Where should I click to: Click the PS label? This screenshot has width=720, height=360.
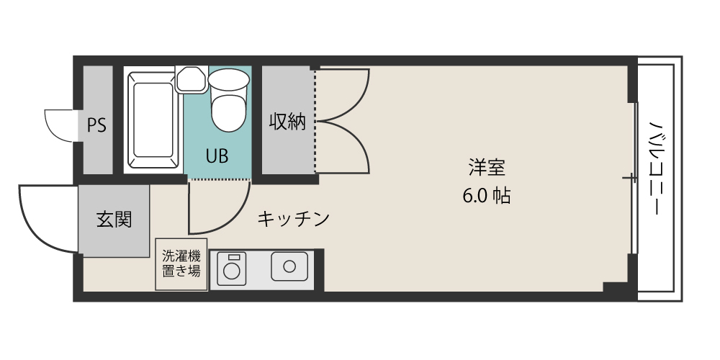(96, 125)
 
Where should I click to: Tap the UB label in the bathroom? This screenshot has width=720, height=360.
(217, 156)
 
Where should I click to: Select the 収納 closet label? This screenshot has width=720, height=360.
(288, 122)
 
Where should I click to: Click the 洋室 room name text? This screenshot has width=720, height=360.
(487, 168)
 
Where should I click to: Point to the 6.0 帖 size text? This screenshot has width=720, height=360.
(487, 196)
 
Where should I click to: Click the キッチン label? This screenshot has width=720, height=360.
(293, 218)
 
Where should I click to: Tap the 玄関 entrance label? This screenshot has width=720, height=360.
(114, 219)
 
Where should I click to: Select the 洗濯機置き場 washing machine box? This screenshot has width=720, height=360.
(181, 264)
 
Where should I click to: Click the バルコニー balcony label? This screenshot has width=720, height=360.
(656, 167)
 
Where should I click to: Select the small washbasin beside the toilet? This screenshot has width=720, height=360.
(191, 78)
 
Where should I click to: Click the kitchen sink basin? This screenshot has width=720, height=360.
(289, 266)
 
